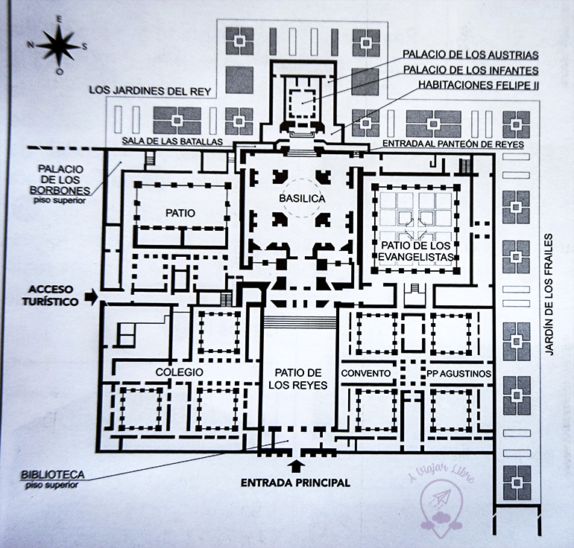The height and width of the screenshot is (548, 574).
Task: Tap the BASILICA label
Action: coord(297,199)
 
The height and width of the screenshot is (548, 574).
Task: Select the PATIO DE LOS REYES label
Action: coord(297,378)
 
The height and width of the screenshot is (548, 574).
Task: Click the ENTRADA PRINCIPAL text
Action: coord(295,482)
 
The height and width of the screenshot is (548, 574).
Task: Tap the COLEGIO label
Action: coord(180,372)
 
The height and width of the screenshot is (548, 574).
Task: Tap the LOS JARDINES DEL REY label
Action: coord(151,90)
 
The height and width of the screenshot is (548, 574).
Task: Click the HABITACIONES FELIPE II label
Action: coord(479,85)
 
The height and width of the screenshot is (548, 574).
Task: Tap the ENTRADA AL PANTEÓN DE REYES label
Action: coord(452,143)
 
